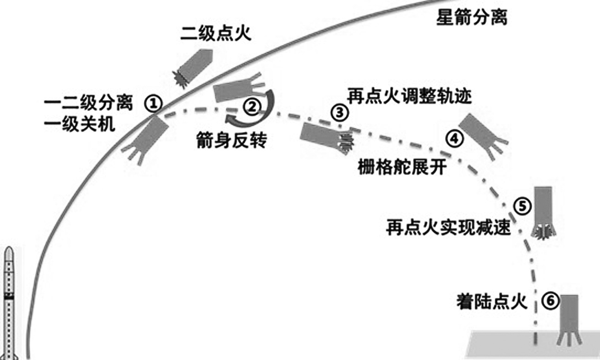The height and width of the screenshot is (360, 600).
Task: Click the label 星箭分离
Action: (471, 19)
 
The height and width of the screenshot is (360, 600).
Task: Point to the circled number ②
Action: (252, 106)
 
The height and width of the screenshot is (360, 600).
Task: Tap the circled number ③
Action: (339, 111)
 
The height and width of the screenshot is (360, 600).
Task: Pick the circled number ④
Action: (455, 138)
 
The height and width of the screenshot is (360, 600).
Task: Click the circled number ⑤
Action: (521, 207)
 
